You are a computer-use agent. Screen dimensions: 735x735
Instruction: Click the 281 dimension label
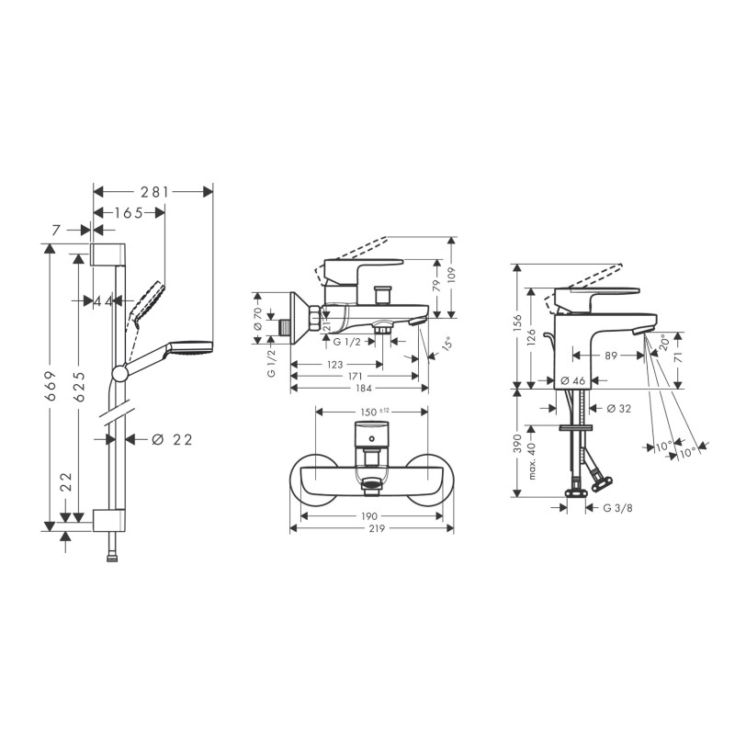pos(154,192)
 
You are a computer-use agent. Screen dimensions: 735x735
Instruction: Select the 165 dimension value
pos(129,213)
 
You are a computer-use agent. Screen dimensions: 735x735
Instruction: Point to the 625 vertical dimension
pos(79,387)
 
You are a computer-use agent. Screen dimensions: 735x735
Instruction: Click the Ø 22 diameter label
pos(173,440)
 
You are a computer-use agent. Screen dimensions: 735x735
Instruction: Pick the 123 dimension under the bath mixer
pos(335,365)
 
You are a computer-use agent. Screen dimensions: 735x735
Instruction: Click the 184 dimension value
pos(364,388)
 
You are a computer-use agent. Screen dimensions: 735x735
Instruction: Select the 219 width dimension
pos(377,529)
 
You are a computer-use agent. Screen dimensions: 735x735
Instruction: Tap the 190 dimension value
pos(369,516)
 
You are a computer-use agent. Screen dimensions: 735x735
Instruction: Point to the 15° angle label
pos(447,344)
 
